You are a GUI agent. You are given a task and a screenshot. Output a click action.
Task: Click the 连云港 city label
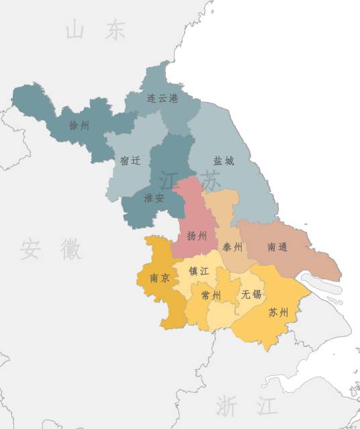163,98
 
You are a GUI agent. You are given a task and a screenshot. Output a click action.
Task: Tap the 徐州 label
79,125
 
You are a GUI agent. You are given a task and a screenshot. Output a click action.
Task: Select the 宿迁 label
130,160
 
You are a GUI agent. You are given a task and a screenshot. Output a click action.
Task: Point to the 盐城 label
224,161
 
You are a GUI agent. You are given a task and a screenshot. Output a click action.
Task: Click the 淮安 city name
154,198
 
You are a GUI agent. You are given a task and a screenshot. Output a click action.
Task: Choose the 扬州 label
197,236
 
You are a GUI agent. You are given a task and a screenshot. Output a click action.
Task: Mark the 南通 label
277,246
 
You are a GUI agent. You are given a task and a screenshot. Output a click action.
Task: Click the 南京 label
159,277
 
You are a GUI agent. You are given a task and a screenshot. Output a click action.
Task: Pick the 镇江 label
199,271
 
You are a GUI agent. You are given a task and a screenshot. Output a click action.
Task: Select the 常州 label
211,295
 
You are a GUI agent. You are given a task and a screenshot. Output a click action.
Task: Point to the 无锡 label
252,294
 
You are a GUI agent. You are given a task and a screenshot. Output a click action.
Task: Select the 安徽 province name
50,249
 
